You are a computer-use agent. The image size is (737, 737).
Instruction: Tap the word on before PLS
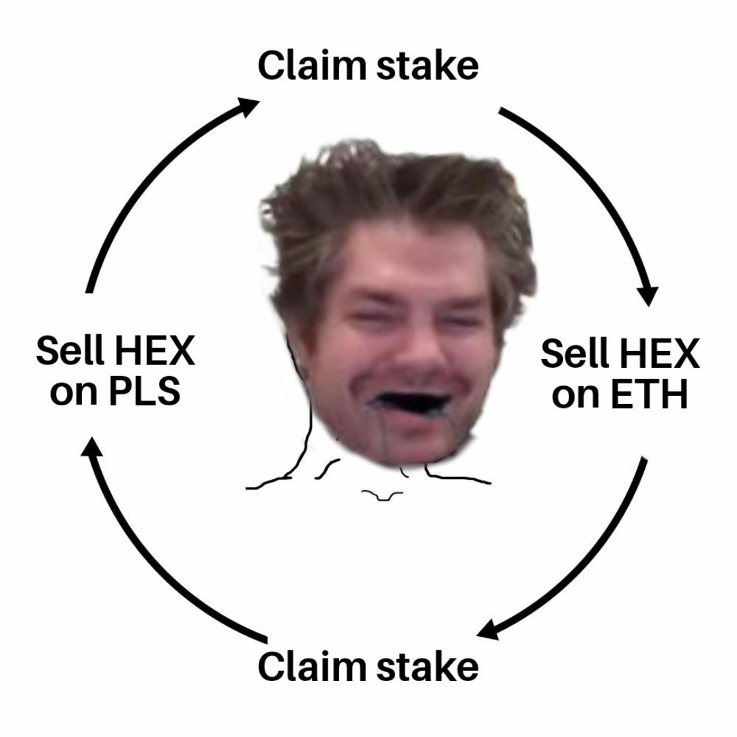73,393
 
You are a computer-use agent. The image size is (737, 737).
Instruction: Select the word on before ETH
575,396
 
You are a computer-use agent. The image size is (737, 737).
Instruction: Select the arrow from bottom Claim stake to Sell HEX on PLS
147,566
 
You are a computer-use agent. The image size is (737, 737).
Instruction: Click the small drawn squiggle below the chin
382,494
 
